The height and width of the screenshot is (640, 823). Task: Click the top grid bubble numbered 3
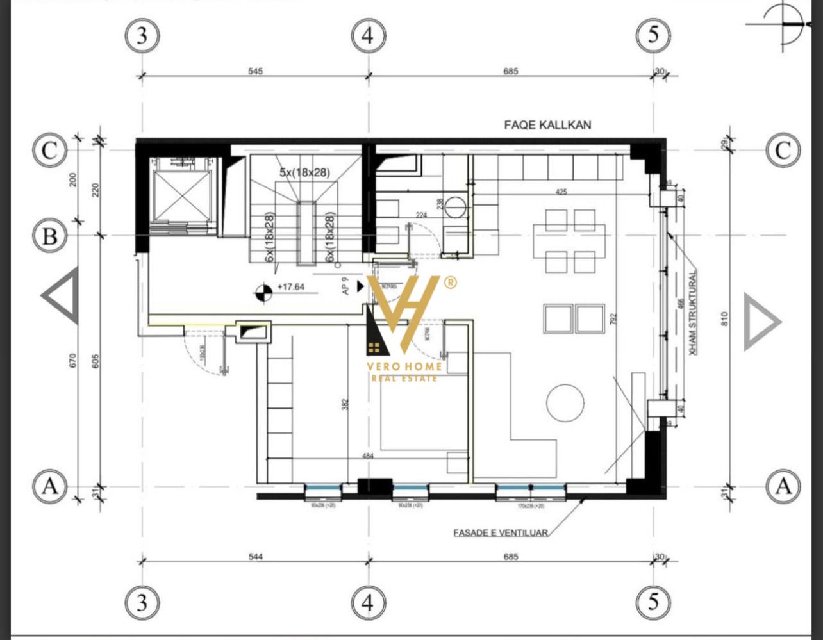click(141, 35)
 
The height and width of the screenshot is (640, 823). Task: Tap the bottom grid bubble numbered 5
click(653, 603)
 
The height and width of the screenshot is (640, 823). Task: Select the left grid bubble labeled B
click(49, 237)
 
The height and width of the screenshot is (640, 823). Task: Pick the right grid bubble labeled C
click(783, 151)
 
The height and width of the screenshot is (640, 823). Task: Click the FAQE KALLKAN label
click(547, 125)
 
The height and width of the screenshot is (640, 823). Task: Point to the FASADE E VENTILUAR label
click(501, 532)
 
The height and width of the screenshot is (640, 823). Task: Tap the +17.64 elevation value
click(290, 287)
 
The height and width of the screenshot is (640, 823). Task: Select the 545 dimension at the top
click(255, 71)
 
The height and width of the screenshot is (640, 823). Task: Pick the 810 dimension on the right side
click(725, 318)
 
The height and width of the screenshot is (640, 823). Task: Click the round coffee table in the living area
click(565, 402)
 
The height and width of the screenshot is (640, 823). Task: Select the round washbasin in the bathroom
click(458, 207)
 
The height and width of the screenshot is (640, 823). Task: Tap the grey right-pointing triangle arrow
click(761, 322)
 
